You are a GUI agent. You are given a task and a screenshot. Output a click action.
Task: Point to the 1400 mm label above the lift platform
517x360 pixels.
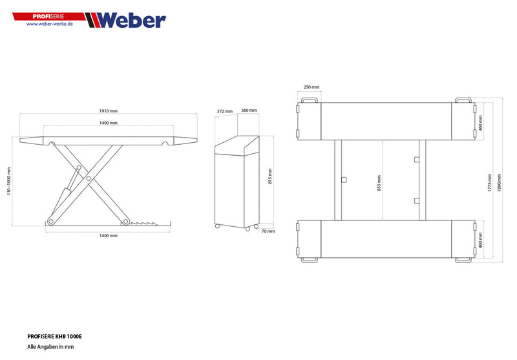[109, 123]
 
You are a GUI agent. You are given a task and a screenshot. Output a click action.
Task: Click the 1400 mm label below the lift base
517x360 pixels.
[109, 236]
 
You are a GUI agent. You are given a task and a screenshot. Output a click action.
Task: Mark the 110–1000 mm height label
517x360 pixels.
[10, 183]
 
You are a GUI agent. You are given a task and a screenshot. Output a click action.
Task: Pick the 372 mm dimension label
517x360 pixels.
[224, 111]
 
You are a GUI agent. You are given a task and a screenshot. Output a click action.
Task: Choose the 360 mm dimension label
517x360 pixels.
[249, 111]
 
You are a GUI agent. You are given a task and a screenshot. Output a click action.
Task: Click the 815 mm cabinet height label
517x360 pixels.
[270, 176]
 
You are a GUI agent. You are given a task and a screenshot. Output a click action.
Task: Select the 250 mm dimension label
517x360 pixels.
[311, 87]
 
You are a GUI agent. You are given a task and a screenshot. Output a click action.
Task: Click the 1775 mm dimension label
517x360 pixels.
[490, 183]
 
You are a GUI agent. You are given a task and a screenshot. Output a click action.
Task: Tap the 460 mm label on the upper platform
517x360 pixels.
[481, 123]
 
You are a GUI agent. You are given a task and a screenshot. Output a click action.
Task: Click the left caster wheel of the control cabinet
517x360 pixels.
[218, 226]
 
